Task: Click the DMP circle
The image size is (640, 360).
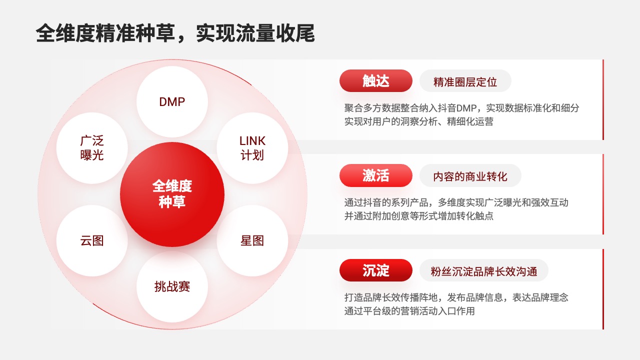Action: click(172, 101)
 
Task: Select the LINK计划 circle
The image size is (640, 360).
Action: click(252, 148)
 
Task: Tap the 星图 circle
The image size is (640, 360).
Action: click(252, 240)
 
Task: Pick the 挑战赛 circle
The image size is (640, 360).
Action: click(172, 287)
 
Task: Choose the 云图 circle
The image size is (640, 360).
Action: click(92, 240)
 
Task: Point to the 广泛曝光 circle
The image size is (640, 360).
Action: click(92, 148)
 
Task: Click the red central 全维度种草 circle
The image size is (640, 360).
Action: click(172, 194)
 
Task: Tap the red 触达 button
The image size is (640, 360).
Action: click(375, 81)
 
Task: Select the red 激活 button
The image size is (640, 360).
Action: click(375, 175)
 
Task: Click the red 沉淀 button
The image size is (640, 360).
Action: click(375, 270)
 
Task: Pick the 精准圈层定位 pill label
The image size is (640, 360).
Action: click(465, 81)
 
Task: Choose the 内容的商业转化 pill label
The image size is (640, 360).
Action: click(470, 175)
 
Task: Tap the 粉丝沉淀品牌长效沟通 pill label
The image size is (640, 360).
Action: click(483, 270)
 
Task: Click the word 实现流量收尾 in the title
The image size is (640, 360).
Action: click(255, 33)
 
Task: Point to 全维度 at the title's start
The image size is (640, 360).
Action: click(65, 33)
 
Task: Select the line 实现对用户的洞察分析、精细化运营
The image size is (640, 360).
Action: click(419, 121)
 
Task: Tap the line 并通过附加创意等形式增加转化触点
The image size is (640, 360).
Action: click(419, 215)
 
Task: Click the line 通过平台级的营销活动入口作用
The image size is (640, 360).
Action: click(409, 311)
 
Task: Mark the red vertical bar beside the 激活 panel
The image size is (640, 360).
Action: click(603, 194)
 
